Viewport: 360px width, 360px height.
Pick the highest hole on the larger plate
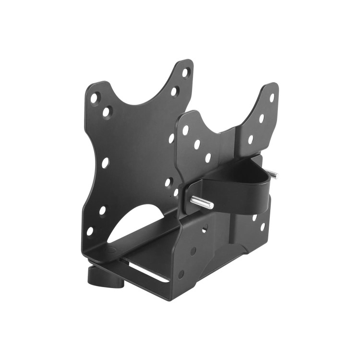tap(186, 72)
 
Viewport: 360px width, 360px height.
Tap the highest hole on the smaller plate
tap(272, 98)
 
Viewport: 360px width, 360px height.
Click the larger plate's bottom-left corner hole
tap(90, 231)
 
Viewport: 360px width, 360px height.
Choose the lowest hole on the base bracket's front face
tap(181, 274)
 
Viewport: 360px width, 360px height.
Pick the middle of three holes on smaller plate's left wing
tap(197, 144)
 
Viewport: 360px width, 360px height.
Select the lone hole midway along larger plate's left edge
tap(105, 163)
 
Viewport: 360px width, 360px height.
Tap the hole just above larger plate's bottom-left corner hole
tap(103, 210)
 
